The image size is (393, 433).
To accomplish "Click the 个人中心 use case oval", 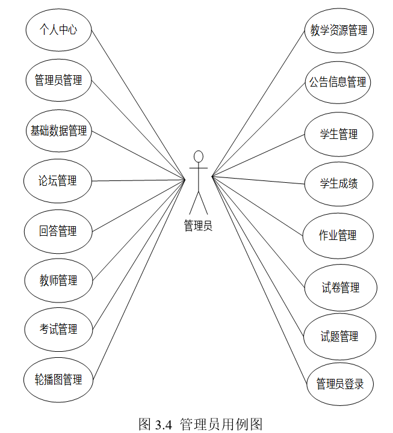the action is (58, 29).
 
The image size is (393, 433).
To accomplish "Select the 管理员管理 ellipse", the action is (58, 79).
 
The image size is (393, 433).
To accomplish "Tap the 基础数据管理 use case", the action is (58, 130).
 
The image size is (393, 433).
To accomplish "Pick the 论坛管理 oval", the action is (58, 180).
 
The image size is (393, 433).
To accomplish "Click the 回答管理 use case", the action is (58, 231).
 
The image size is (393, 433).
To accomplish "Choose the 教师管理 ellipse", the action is (58, 280).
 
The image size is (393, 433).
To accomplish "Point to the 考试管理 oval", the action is (58, 330).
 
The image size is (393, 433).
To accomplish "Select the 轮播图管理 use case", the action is (58, 379).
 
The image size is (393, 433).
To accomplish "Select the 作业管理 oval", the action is (338, 235).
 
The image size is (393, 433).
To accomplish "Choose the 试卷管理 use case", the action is (341, 288).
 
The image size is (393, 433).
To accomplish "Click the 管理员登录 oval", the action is (340, 384).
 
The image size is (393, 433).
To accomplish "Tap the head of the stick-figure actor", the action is (198, 158).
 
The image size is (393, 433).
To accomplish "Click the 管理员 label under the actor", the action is (198, 226).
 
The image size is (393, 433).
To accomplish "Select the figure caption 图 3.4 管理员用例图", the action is (200, 424).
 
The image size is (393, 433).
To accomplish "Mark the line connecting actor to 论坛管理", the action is (138, 180).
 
